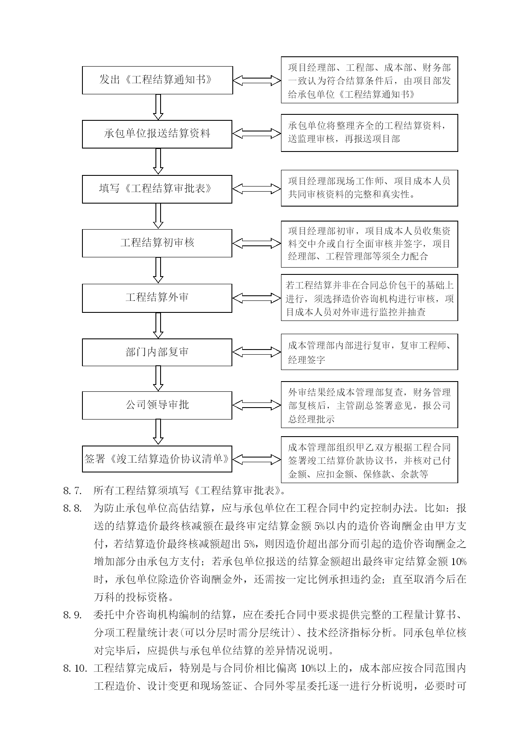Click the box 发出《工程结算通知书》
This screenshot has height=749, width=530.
157,80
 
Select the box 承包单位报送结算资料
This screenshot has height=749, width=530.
157,134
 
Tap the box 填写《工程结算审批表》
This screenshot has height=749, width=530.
157,189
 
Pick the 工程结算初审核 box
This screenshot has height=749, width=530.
157,243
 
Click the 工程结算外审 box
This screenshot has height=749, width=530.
157,298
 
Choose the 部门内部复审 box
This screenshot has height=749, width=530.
157,352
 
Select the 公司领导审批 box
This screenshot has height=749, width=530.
157,405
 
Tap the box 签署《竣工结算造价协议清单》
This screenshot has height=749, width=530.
157,459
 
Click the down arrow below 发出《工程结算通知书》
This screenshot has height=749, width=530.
158,107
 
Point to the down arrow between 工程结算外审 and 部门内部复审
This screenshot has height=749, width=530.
158,325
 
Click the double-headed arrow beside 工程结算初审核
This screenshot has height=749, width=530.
257,243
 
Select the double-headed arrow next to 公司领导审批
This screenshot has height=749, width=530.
257,405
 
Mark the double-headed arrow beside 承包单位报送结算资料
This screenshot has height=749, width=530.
257,134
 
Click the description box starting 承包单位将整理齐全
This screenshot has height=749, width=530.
369,133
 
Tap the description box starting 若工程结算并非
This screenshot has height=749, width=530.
369,297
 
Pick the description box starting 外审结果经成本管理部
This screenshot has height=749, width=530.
369,405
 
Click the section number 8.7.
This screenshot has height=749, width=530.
72,490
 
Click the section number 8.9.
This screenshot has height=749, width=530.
72,615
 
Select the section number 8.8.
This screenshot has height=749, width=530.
72,508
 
